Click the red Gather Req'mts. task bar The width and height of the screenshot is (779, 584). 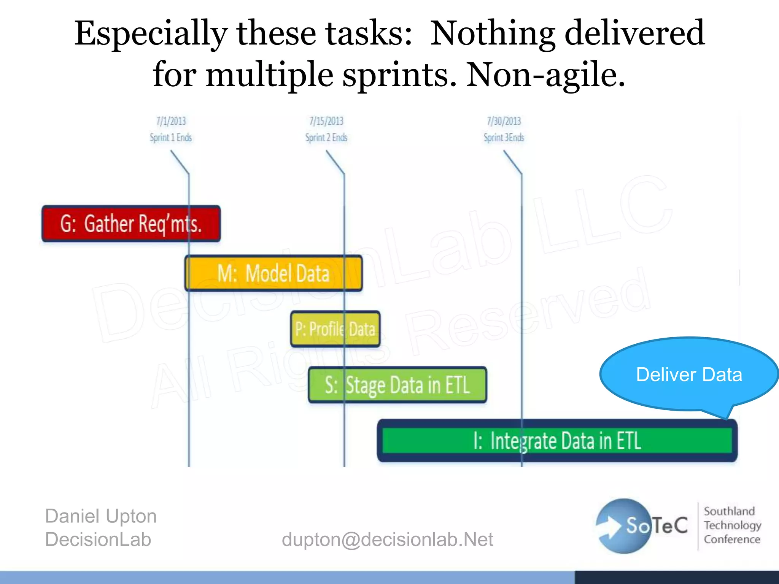(131, 224)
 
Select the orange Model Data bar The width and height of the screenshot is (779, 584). (273, 273)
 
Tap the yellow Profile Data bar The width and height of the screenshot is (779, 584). (335, 329)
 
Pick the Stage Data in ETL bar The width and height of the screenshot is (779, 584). (397, 385)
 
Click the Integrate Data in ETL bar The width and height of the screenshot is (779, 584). (557, 441)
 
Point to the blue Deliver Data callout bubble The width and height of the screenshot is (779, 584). (688, 374)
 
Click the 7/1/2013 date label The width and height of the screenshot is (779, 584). (171, 121)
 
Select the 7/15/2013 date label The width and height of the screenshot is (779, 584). (326, 121)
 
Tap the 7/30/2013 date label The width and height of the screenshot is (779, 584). (504, 121)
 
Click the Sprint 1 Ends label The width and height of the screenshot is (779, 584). (171, 138)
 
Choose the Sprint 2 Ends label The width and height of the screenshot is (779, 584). (326, 138)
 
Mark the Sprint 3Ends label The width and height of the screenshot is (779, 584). (504, 138)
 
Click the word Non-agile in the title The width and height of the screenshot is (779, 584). (545, 75)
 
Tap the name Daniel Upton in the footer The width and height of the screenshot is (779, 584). (101, 516)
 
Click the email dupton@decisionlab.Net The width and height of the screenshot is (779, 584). (387, 540)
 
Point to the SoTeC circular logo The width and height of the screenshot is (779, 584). (624, 526)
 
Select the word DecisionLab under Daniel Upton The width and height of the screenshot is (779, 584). (98, 540)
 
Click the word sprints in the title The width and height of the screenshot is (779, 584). (399, 75)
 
